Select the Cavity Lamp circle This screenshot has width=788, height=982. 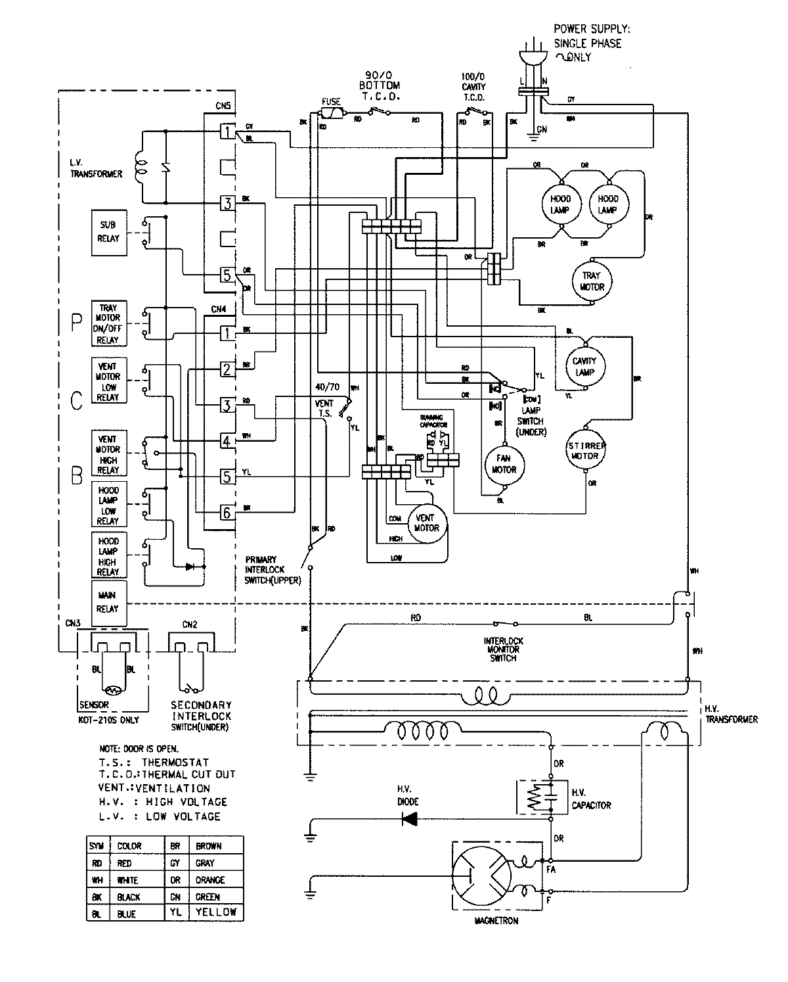pyautogui.click(x=584, y=365)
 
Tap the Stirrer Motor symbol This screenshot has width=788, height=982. pyautogui.click(x=584, y=450)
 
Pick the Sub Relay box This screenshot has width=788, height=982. pyautogui.click(x=108, y=232)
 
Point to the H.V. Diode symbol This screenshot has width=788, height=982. pyautogui.click(x=410, y=818)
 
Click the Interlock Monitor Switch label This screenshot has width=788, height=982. pyautogui.click(x=503, y=649)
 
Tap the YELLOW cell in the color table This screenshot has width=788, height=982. pyautogui.click(x=216, y=912)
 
